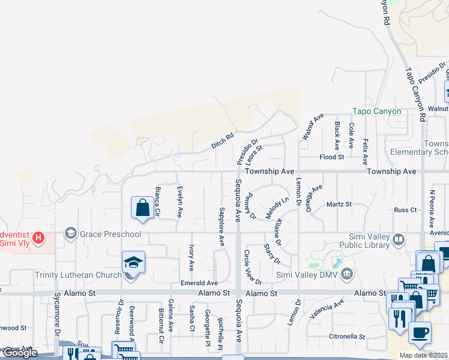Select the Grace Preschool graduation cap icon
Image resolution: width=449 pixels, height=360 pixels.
point(71,233)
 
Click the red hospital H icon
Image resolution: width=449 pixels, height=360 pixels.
point(39,238)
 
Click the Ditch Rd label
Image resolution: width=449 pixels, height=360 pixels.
point(221,141)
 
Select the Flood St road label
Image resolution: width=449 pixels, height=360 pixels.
point(332,157)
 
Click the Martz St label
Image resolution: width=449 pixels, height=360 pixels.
point(339,205)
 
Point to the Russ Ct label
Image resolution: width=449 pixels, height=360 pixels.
point(405,210)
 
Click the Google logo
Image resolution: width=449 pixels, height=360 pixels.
point(19,353)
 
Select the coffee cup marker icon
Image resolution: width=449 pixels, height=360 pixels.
point(420,332)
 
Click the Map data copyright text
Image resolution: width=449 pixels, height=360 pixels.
point(424,355)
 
